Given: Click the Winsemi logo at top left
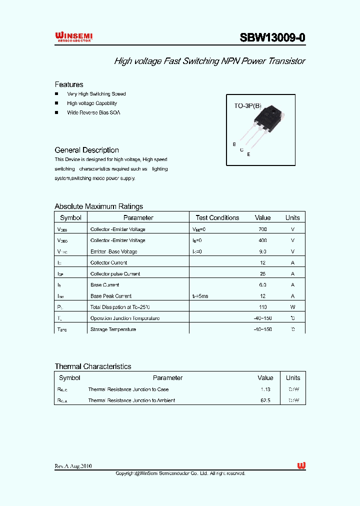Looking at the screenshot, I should tap(73, 36).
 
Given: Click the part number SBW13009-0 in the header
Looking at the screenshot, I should tap(272, 38).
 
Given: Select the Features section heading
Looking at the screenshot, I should tap(69, 84).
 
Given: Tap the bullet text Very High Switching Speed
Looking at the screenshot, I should tap(96, 94).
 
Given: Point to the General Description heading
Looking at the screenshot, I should tap(86, 150).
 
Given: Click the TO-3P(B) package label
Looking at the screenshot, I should tap(248, 106).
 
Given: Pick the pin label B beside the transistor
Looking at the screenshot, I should tap(234, 144).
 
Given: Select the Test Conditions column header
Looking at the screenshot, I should tap(217, 217).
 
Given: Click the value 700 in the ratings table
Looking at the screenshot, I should tap(262, 229).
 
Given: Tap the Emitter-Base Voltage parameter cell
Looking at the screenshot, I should tap(113, 251).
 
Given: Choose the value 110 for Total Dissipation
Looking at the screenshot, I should tap(262, 307).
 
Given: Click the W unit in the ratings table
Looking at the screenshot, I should tap(292, 307).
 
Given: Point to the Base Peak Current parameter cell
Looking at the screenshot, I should tap(111, 296).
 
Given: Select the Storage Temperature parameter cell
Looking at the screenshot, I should tap(113, 329).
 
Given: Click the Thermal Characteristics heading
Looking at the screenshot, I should tap(93, 366).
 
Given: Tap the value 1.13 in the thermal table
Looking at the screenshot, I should tap(265, 389).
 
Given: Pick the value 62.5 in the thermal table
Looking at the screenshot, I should tap(265, 400).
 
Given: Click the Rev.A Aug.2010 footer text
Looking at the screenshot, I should tap(73, 466).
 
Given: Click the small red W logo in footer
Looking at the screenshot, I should tap(301, 465).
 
